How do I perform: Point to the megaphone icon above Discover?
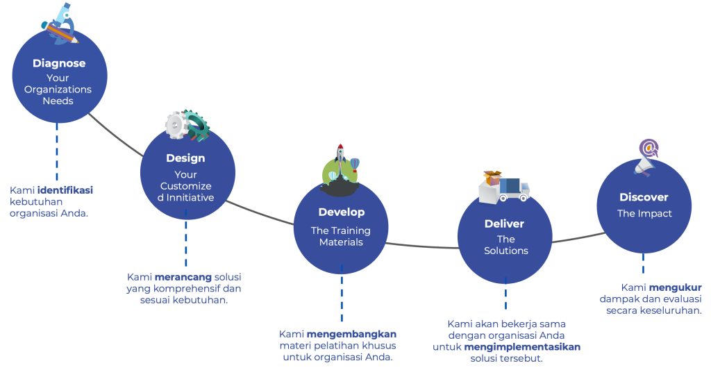(647, 158)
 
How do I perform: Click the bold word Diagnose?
(59, 63)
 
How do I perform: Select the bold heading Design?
(185, 158)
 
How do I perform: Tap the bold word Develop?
(341, 212)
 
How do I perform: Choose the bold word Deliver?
(504, 224)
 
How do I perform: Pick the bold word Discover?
(644, 198)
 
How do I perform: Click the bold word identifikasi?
(65, 189)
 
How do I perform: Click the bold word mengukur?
(676, 287)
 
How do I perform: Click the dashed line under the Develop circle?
(341, 292)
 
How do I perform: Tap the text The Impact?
(644, 214)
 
